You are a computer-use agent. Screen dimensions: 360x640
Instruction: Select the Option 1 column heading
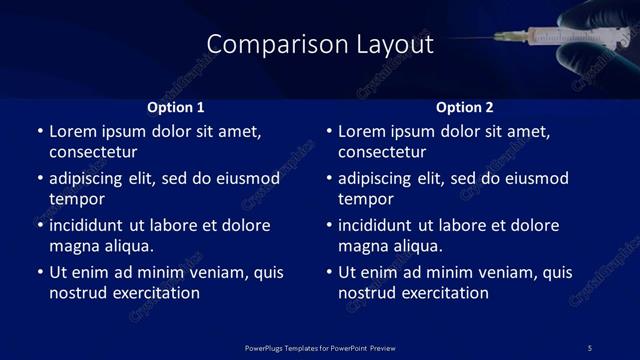click(x=176, y=107)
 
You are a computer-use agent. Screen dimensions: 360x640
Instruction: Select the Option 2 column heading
click(x=465, y=107)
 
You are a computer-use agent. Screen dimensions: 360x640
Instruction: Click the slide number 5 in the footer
click(x=589, y=348)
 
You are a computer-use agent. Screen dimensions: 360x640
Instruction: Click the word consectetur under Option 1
click(x=92, y=152)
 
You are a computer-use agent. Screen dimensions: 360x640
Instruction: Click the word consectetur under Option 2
click(x=382, y=152)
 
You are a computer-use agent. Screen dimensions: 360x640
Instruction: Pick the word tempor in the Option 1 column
click(x=73, y=199)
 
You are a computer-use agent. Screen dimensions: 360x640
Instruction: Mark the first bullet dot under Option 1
click(x=39, y=131)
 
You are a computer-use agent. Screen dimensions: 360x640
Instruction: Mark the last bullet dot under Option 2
click(x=329, y=272)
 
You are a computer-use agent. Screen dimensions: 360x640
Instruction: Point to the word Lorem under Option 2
click(x=361, y=131)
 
